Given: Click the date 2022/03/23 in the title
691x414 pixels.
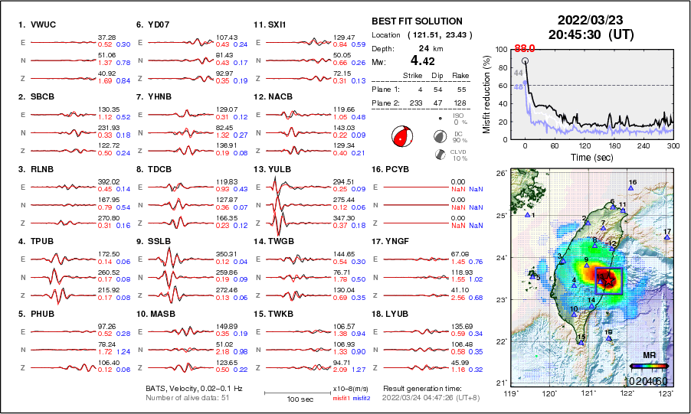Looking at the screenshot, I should (x=590, y=19).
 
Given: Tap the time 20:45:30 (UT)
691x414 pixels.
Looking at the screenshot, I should (x=590, y=34).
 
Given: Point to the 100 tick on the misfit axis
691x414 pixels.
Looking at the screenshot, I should (x=501, y=49).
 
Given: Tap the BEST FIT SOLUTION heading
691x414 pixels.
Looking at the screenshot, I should (x=416, y=21).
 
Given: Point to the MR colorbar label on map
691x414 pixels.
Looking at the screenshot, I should (x=648, y=356).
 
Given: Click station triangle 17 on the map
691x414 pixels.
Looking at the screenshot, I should (x=667, y=237).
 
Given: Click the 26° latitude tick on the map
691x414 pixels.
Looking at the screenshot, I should (x=499, y=174).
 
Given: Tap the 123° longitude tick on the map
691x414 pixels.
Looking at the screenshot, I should (x=666, y=393).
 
